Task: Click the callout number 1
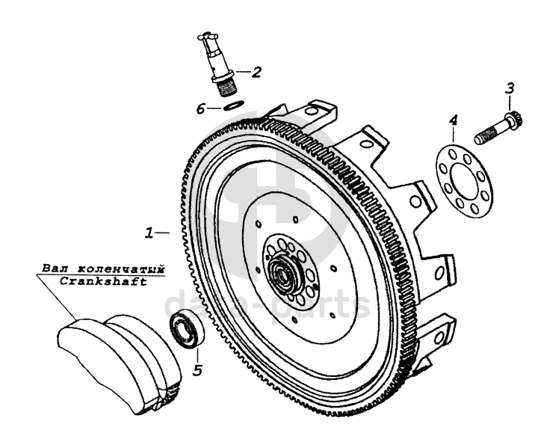(x=149, y=233)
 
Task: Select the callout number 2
(x=256, y=73)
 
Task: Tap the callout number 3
(x=509, y=88)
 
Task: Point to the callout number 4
(x=452, y=120)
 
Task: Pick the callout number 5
(x=197, y=369)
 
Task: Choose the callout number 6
(x=200, y=109)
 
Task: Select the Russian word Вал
(x=51, y=268)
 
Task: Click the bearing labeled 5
(x=184, y=330)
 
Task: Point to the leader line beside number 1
(x=164, y=233)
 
